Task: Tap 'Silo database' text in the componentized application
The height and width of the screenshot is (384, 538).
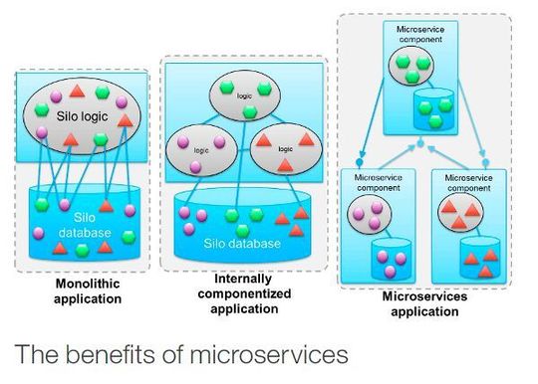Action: (x=240, y=243)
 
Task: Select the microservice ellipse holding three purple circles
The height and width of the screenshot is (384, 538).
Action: (x=368, y=216)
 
